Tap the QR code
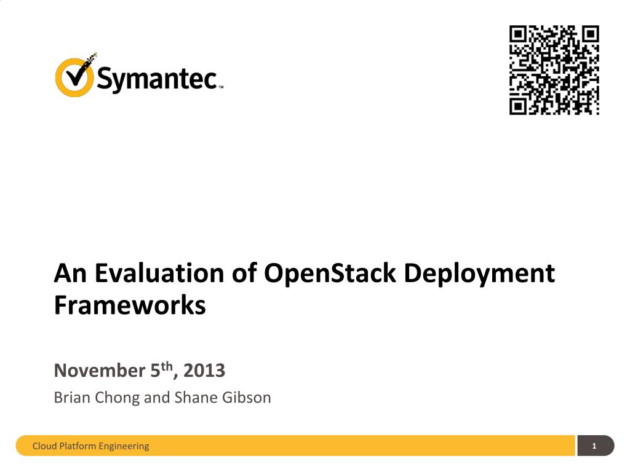554,69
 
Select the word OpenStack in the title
329,273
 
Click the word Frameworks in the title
130,305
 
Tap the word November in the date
99,371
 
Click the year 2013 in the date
204,371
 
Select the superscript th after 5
167,366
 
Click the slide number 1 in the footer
594,446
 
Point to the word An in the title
70,273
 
